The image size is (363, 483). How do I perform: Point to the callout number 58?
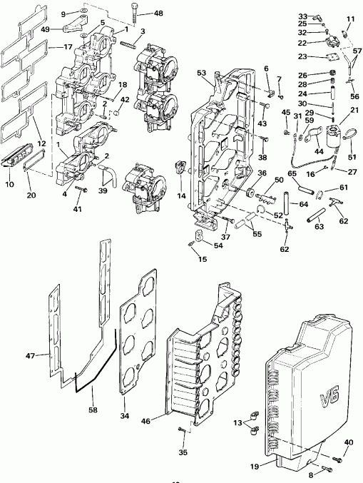point(94,411)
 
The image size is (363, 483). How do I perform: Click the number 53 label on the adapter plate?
point(201,73)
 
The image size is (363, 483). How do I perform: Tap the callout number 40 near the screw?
point(348,442)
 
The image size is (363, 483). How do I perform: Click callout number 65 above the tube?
point(292,173)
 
